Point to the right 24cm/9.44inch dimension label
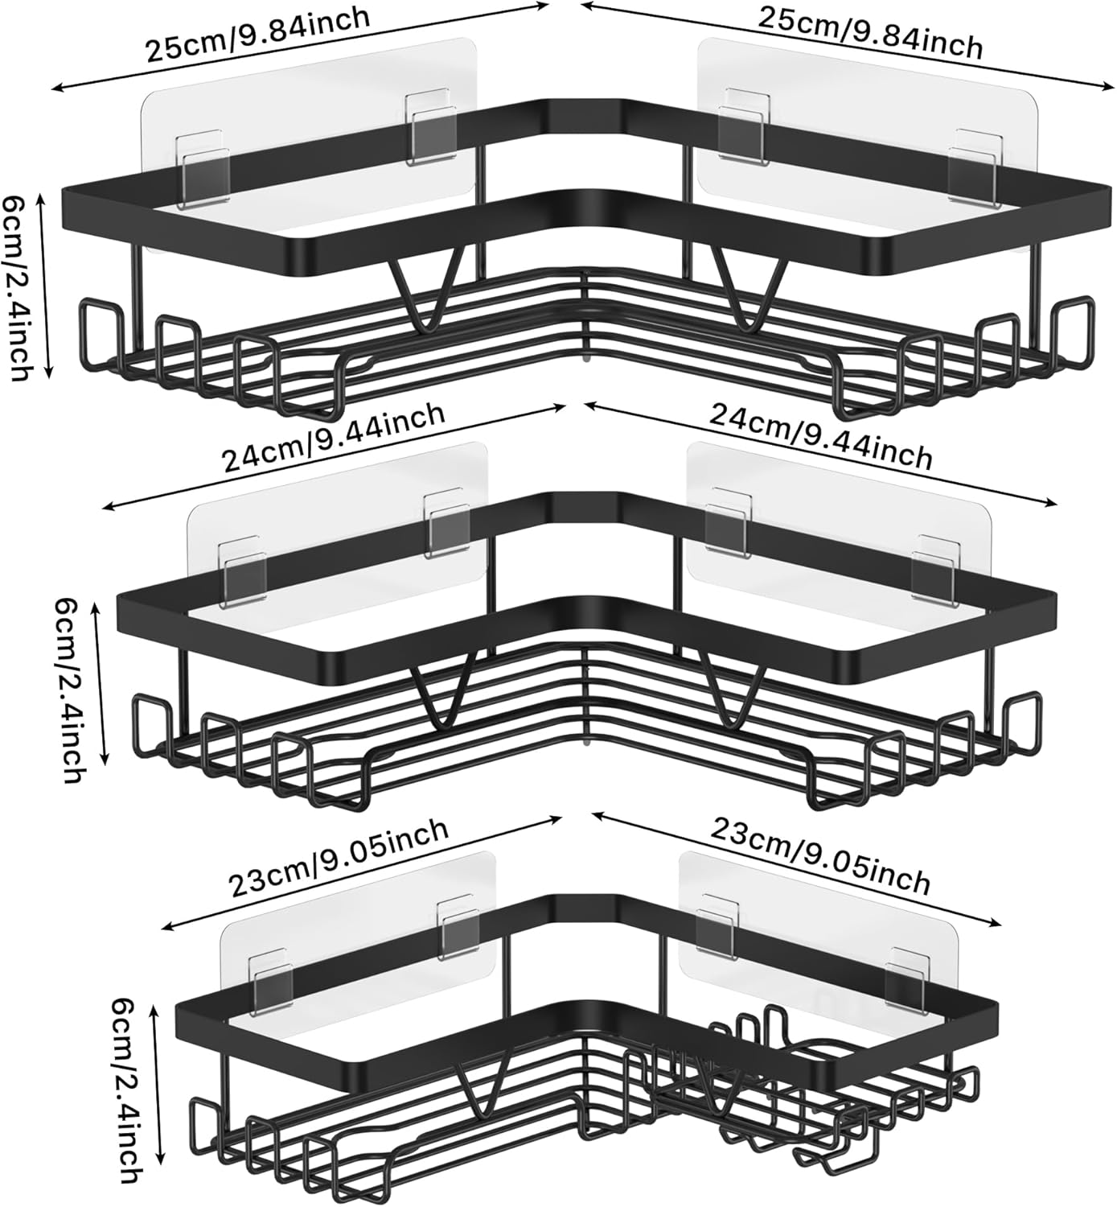pos(820,439)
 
